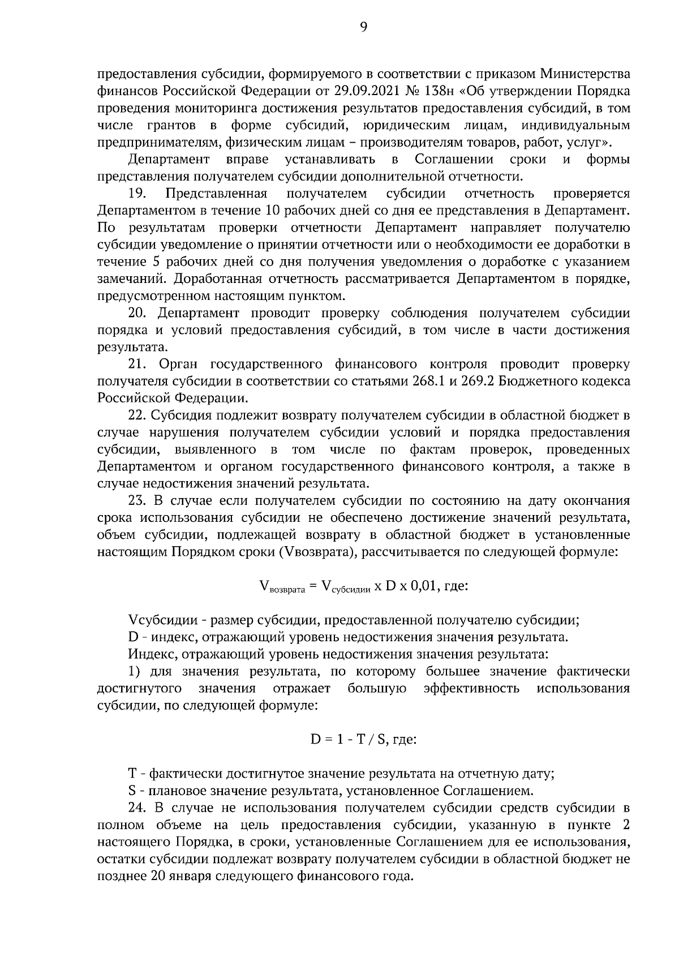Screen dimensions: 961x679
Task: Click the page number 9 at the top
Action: pos(363,27)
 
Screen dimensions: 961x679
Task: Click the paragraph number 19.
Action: pos(137,194)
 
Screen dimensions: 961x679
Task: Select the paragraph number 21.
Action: pos(139,364)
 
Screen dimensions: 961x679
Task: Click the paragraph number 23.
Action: pos(137,501)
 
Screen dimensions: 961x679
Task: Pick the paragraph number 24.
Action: pos(139,807)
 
